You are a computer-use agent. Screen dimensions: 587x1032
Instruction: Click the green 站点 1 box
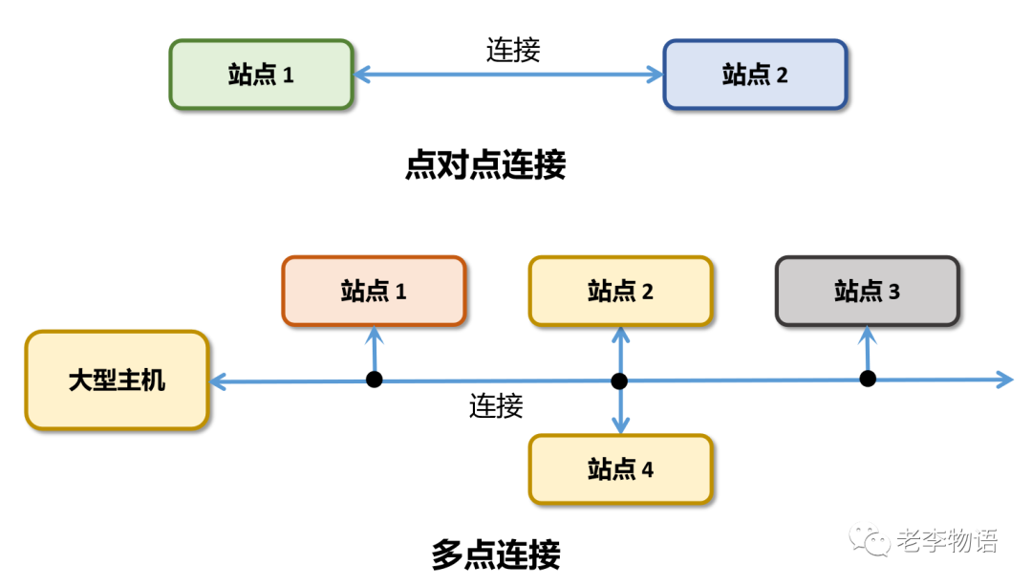[262, 75]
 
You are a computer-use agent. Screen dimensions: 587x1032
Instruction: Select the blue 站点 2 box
[755, 75]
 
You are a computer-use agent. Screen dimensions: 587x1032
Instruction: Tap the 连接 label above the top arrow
[513, 49]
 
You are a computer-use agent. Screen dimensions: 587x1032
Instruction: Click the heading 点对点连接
[485, 165]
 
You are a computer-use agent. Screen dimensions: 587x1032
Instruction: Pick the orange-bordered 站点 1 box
[374, 291]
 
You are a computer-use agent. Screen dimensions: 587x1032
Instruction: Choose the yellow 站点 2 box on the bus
[620, 291]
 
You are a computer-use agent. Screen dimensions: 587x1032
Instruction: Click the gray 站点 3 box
[867, 291]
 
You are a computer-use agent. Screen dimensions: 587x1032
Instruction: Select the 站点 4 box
[620, 469]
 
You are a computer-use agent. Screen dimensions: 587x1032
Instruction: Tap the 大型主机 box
[117, 380]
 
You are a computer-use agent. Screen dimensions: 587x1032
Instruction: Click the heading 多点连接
[496, 554]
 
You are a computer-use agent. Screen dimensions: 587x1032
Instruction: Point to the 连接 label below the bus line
[496, 406]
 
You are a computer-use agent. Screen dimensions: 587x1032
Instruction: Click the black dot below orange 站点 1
[375, 380]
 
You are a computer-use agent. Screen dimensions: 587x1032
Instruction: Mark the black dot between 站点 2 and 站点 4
[619, 380]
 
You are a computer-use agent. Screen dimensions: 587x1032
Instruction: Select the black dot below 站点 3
[868, 379]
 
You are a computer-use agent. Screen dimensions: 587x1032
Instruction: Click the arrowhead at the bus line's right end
[1004, 380]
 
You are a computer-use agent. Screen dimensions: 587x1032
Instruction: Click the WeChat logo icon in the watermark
[872, 540]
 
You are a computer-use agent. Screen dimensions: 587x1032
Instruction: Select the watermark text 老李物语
[947, 541]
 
